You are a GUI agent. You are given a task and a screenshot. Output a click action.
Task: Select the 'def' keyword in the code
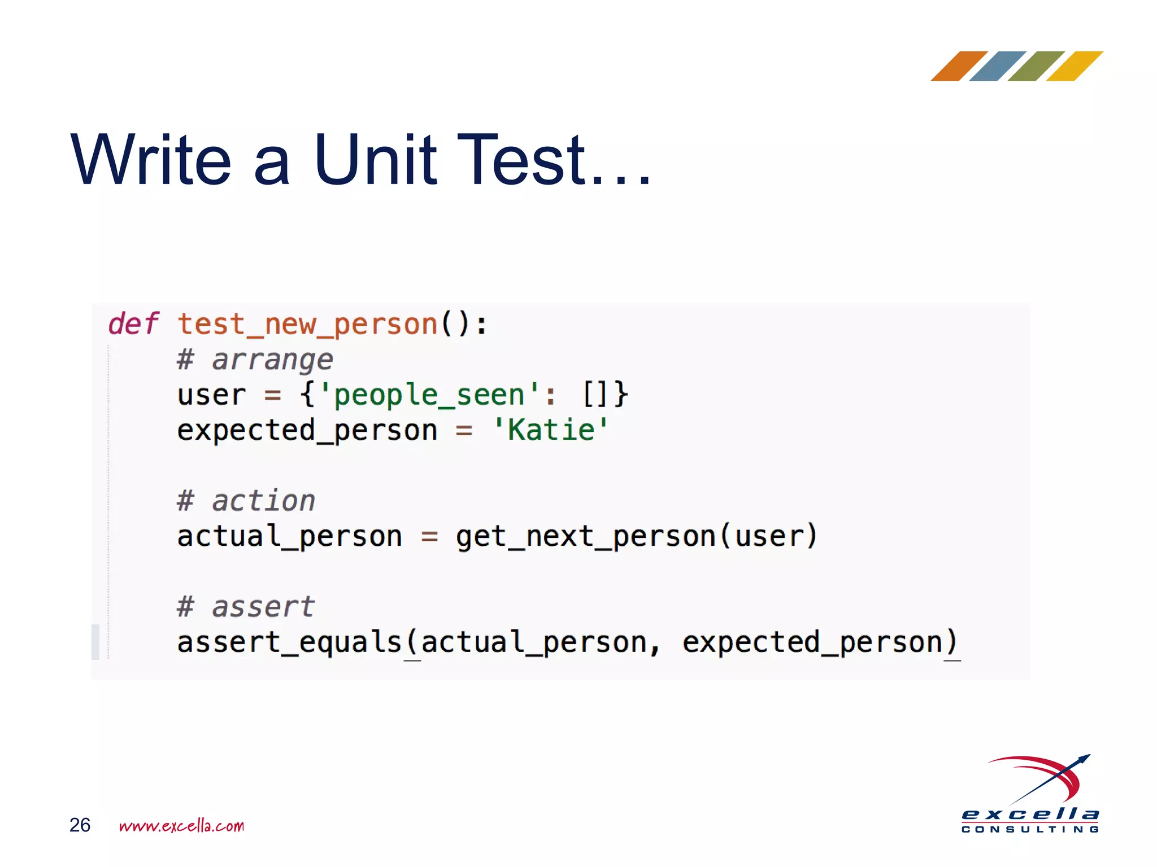pyautogui.click(x=133, y=324)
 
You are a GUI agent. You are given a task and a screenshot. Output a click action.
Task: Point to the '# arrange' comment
pyautogui.click(x=255, y=360)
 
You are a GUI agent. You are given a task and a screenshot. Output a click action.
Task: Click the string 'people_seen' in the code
pyautogui.click(x=429, y=395)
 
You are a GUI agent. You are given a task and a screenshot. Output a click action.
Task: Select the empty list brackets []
pyautogui.click(x=595, y=394)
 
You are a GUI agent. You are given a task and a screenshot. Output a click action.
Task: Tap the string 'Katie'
pyautogui.click(x=551, y=430)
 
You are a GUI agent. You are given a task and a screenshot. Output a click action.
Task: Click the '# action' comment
pyautogui.click(x=246, y=501)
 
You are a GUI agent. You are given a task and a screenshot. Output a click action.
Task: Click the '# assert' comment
pyautogui.click(x=245, y=607)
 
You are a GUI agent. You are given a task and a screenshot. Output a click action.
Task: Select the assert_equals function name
pyautogui.click(x=289, y=642)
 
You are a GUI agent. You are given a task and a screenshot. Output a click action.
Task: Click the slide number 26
pyautogui.click(x=80, y=825)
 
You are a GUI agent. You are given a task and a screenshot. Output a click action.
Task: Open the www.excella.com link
pyautogui.click(x=181, y=826)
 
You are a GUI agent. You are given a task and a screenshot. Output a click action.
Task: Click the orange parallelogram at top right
pyautogui.click(x=959, y=66)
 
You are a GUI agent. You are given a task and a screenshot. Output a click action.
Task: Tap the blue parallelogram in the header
pyautogui.click(x=997, y=66)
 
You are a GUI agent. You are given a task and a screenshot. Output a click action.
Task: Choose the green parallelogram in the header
pyautogui.click(x=1036, y=66)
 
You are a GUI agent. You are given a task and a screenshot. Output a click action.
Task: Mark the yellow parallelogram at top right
pyautogui.click(x=1074, y=66)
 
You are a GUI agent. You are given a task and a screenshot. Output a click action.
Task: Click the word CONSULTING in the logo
pyautogui.click(x=1030, y=829)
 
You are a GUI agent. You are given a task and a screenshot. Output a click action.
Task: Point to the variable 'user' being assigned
pyautogui.click(x=211, y=395)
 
